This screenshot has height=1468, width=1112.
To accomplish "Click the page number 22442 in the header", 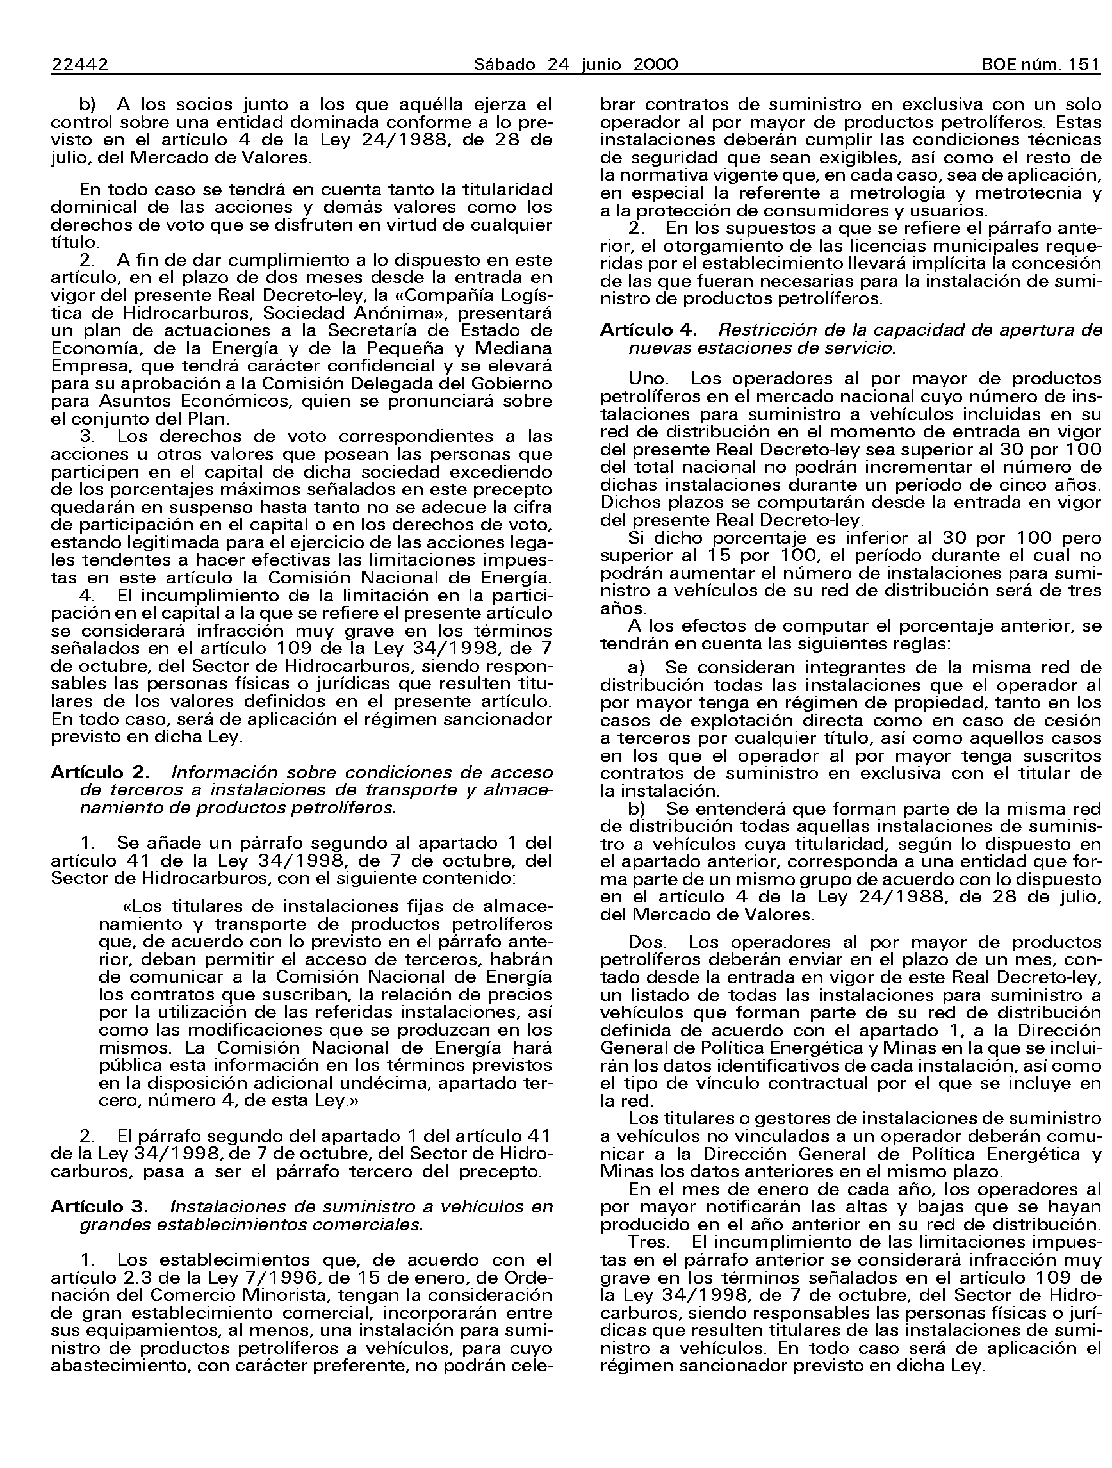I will coord(79,65).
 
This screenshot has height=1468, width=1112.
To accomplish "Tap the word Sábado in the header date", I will coord(505,65).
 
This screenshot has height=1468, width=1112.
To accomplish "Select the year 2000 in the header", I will coord(655,65).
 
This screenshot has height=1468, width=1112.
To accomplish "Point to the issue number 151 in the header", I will coord(1084,65).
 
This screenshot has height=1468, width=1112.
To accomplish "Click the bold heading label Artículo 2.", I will coord(99,772).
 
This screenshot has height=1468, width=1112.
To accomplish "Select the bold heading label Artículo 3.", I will coord(99,1207).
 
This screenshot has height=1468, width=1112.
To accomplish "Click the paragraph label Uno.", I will coord(648,379).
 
